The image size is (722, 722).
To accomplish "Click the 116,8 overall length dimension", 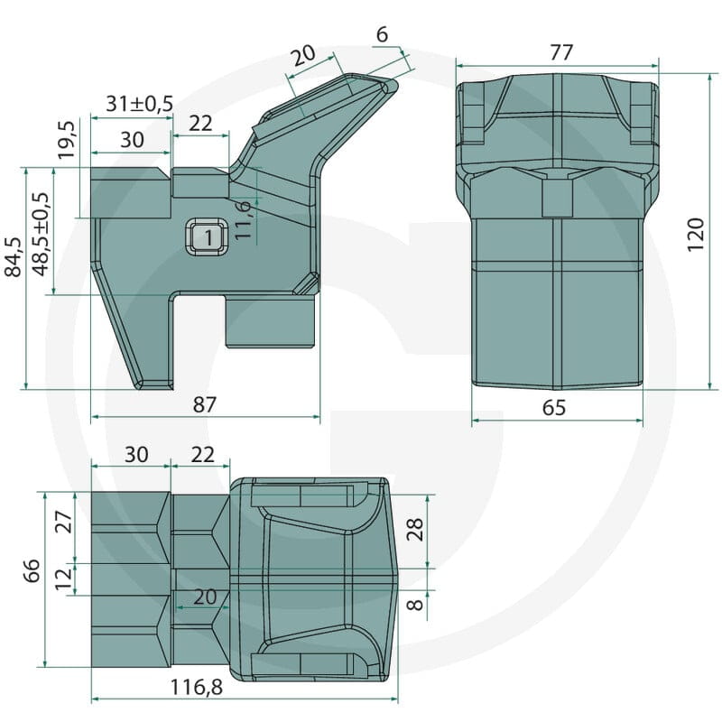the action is click(197, 688).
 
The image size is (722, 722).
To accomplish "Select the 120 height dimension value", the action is click(696, 235).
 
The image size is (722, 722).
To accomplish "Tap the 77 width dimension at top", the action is click(560, 52).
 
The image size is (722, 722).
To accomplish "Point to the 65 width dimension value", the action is click(554, 408).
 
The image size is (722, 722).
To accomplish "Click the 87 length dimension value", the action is click(204, 404).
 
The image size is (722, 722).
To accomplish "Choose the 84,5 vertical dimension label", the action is click(14, 257).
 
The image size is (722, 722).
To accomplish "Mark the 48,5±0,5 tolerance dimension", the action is click(41, 235).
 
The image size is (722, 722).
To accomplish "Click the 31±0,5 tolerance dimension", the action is click(140, 104).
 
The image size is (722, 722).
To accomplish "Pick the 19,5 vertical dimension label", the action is click(67, 140).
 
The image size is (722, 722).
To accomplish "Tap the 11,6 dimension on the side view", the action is click(243, 219).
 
